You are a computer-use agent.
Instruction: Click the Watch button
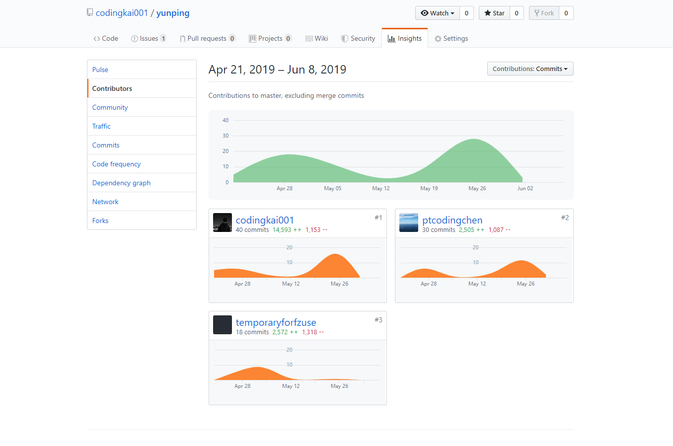[x=438, y=13]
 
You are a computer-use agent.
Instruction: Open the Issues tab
[x=149, y=38]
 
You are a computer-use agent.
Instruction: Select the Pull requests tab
[x=207, y=38]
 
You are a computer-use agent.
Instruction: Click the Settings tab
[x=451, y=38]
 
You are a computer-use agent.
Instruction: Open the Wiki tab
[x=317, y=38]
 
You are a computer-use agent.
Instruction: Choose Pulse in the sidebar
[x=100, y=70]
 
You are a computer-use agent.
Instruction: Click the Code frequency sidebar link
[x=116, y=164]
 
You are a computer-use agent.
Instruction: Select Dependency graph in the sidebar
[x=121, y=183]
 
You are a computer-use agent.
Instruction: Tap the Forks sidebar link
[x=100, y=221]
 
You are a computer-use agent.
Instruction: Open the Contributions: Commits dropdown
[x=530, y=69]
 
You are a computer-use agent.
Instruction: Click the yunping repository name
[x=173, y=13]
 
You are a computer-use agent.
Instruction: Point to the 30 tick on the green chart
[x=225, y=136]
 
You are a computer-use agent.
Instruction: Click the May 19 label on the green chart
[x=429, y=188]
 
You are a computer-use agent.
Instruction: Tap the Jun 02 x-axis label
[x=525, y=188]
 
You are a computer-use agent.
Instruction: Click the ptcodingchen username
[x=452, y=220]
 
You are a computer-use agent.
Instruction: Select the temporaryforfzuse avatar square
[x=223, y=325]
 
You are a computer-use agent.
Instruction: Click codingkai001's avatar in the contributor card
[x=223, y=223]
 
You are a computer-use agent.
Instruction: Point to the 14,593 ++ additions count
[x=287, y=230]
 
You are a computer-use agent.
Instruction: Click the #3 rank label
[x=378, y=320]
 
